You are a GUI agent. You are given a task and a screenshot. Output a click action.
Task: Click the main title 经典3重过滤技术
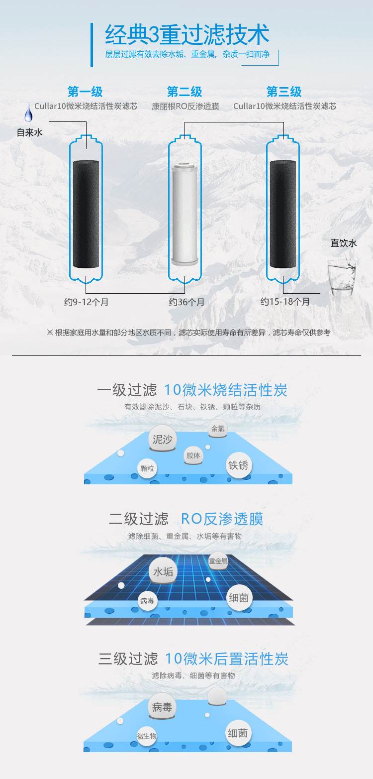(x=187, y=35)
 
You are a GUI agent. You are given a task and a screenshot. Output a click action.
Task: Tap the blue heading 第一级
(x=85, y=92)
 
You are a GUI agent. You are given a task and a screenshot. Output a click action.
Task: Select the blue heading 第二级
(x=185, y=92)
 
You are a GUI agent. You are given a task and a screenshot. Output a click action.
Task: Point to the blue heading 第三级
(x=284, y=92)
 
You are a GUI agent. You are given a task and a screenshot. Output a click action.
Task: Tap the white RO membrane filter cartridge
(x=185, y=215)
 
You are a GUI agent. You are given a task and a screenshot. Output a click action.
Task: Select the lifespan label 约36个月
(x=186, y=302)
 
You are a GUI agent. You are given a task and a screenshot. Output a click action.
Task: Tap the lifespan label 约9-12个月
(x=86, y=302)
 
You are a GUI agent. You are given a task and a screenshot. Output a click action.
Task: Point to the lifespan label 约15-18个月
(x=285, y=302)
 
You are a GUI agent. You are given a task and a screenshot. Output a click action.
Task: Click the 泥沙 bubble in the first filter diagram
(x=162, y=439)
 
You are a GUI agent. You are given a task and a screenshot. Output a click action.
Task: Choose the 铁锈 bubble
(x=238, y=465)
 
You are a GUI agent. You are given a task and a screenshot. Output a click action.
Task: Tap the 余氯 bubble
(x=218, y=429)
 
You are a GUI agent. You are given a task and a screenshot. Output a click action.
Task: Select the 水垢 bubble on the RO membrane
(x=163, y=571)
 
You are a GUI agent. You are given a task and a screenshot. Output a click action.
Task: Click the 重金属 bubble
(x=218, y=561)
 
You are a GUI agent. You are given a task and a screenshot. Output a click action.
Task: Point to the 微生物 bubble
(x=147, y=736)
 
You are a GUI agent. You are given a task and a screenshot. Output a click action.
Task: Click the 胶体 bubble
(x=193, y=455)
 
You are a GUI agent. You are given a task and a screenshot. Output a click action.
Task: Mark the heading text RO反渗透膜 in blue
(x=222, y=519)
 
